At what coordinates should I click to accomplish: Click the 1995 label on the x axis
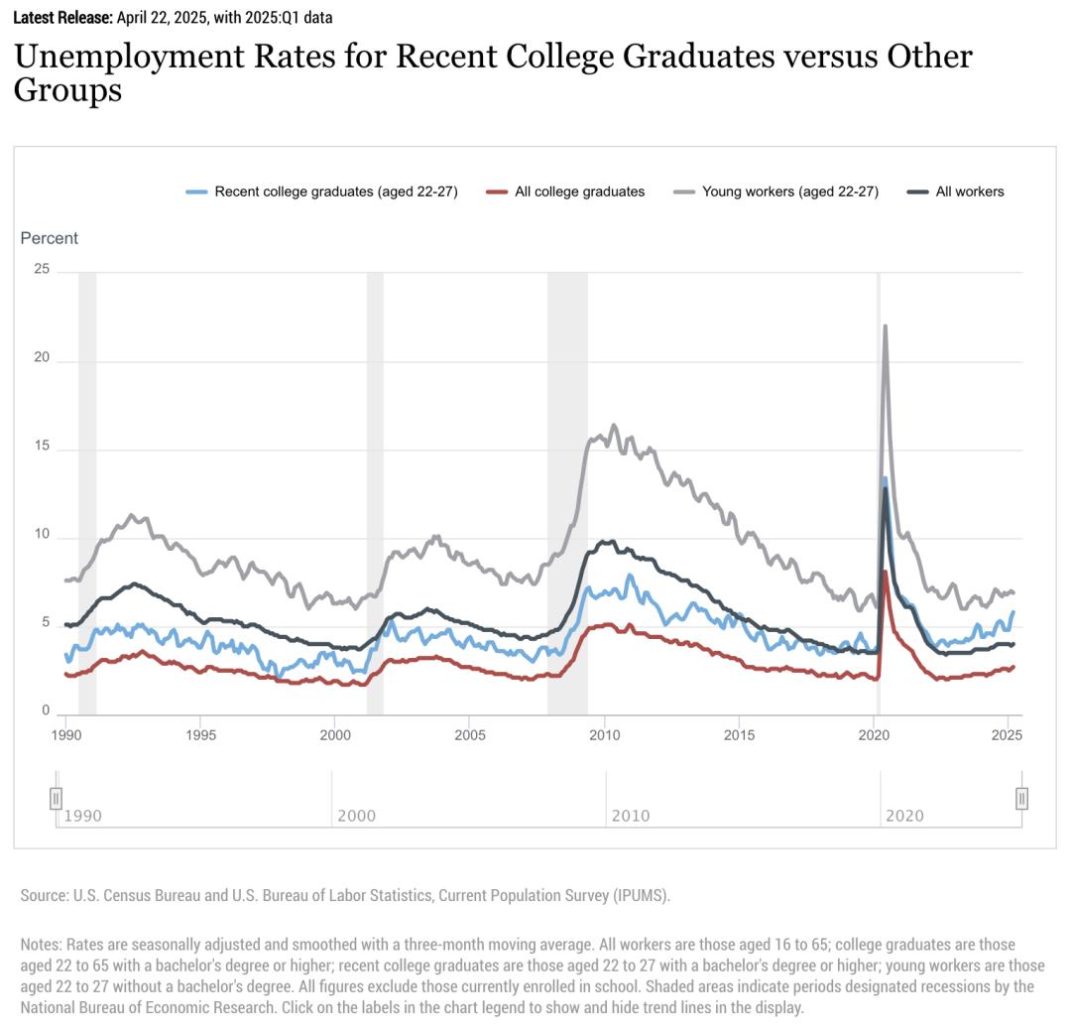coord(200,735)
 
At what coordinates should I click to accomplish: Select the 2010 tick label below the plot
coord(604,735)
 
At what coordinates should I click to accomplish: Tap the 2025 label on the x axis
coord(1007,735)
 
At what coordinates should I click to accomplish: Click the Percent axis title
coord(50,238)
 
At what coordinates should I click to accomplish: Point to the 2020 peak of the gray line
coord(885,325)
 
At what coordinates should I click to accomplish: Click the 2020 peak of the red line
coord(885,573)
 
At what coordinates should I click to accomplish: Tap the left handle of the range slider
coord(57,798)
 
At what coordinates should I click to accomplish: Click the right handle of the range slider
coord(1021,798)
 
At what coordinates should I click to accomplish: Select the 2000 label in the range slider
coord(356,817)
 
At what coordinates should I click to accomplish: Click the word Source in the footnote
coord(44,896)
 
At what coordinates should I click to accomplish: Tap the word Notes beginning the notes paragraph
coord(41,945)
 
